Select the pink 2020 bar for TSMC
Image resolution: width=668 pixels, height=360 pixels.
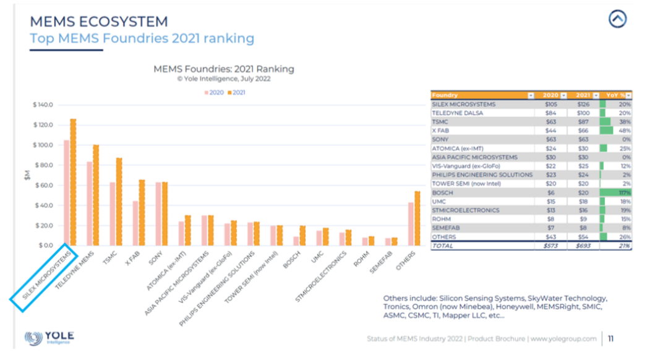click(113, 214)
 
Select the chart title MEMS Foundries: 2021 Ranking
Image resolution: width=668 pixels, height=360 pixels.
click(223, 69)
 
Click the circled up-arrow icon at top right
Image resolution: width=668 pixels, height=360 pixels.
click(617, 19)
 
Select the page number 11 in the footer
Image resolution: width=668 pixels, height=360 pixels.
click(610, 338)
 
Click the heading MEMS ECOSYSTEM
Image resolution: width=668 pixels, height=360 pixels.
click(99, 22)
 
